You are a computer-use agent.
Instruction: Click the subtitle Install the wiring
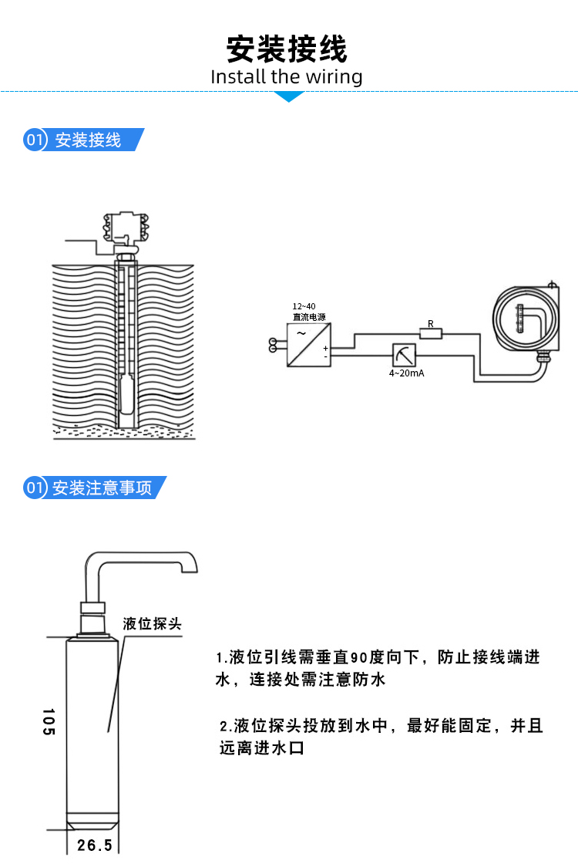[x=287, y=77]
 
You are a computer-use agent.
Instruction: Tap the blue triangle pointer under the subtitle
[x=290, y=96]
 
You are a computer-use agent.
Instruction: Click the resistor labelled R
[x=431, y=333]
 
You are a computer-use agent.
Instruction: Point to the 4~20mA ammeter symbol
[x=403, y=356]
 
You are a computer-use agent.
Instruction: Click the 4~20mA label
[x=405, y=374]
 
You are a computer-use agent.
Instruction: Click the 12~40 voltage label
[x=304, y=306]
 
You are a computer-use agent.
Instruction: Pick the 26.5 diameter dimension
[x=95, y=845]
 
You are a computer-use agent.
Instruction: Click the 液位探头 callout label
[x=152, y=623]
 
